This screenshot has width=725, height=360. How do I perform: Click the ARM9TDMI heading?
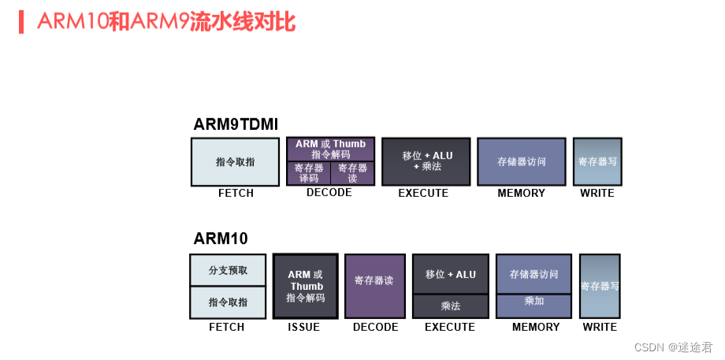236,124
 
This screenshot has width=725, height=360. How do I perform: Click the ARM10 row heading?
221,239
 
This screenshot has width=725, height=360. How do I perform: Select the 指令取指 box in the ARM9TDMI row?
236,162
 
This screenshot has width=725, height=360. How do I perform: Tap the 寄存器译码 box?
308,173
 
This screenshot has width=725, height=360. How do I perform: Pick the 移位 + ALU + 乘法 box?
426,161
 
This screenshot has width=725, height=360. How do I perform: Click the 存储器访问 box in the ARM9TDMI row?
521,161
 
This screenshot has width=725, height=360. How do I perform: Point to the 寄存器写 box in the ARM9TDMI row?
597,161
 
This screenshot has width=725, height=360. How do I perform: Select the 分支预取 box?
228,270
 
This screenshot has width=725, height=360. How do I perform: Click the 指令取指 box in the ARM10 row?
228,302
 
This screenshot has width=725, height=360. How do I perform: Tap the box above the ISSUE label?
306,286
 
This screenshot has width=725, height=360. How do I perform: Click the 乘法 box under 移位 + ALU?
450,306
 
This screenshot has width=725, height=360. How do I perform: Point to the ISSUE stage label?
303,327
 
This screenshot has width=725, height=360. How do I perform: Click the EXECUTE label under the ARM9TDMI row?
423,193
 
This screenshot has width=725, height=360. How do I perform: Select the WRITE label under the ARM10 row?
600,327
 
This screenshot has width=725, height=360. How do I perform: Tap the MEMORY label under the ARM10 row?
536,327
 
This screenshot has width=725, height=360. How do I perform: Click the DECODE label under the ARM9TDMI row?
329,193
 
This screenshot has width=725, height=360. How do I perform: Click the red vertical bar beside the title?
21,22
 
